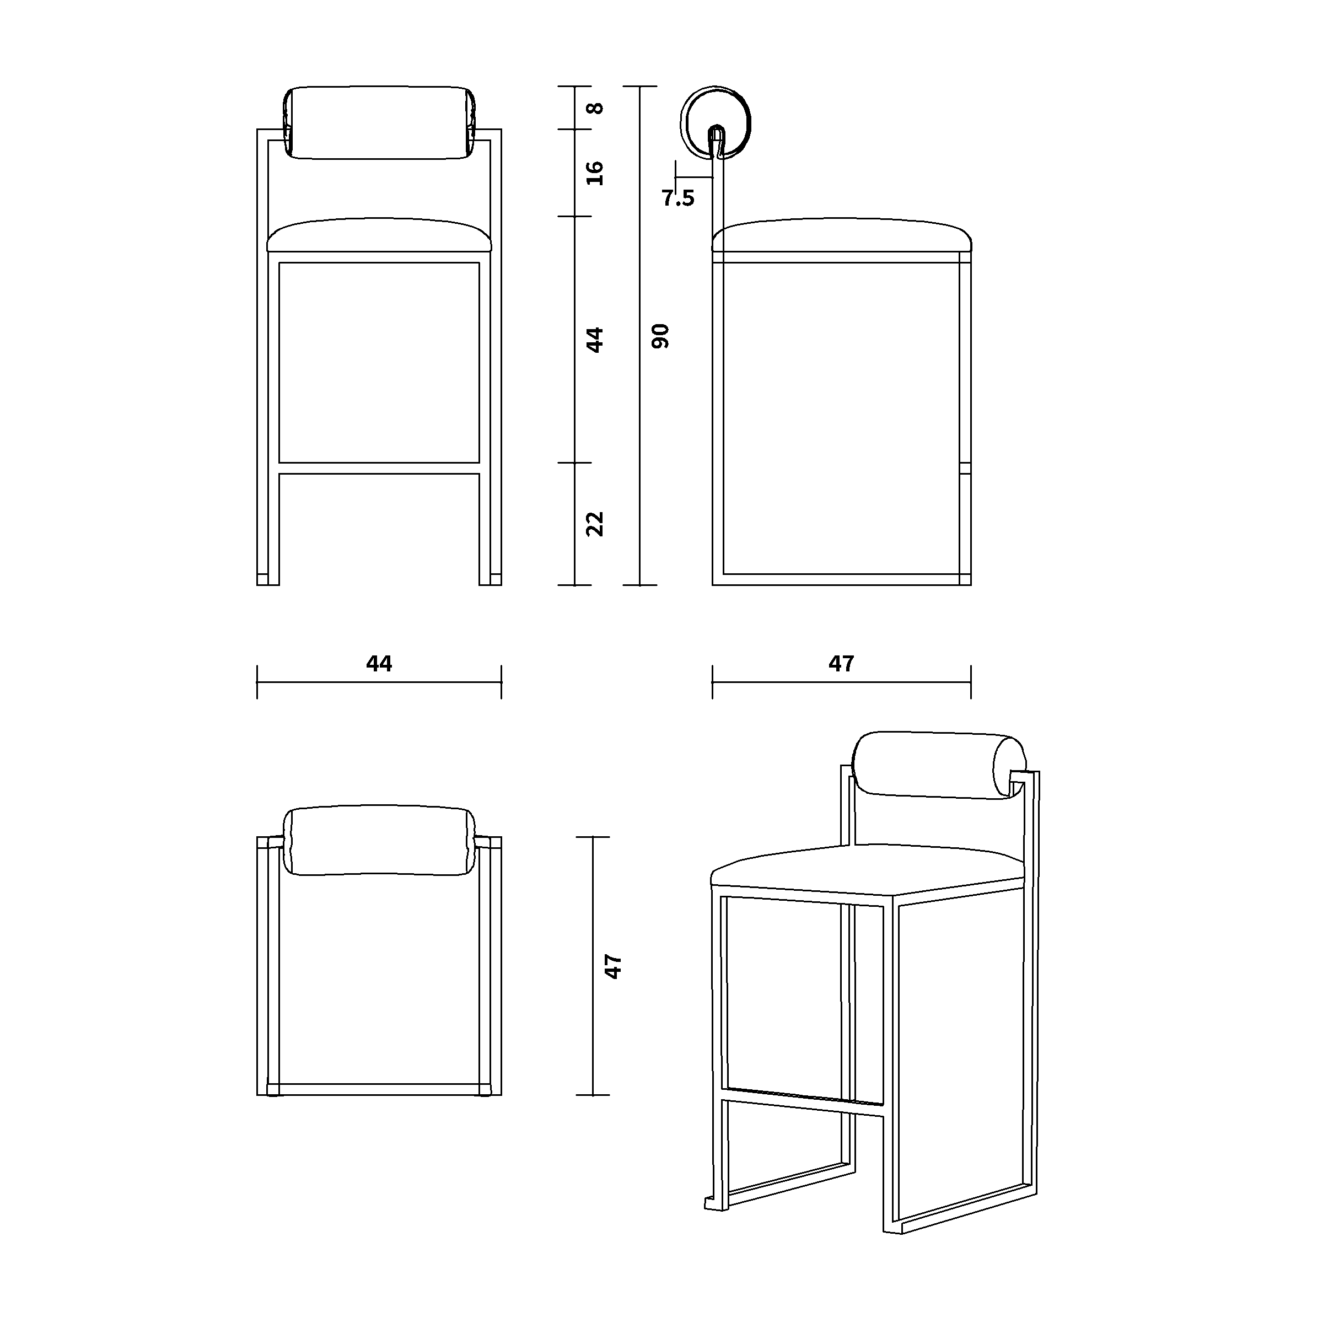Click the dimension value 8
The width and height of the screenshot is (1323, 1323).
pyautogui.click(x=596, y=108)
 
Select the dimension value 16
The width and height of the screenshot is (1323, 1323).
pyautogui.click(x=596, y=173)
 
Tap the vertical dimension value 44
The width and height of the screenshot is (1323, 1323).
pyautogui.click(x=596, y=340)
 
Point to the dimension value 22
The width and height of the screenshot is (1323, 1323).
pyautogui.click(x=596, y=524)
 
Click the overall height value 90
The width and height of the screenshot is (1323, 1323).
pyautogui.click(x=661, y=336)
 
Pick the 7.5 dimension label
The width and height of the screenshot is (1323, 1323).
pyautogui.click(x=678, y=198)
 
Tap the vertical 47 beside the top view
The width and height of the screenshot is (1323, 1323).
pyautogui.click(x=614, y=966)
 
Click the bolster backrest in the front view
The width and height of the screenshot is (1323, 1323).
pyautogui.click(x=379, y=123)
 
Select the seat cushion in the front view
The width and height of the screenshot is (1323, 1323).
pyautogui.click(x=379, y=235)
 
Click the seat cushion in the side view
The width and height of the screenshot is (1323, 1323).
pyautogui.click(x=842, y=235)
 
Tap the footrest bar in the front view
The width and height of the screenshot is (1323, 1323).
pyautogui.click(x=379, y=469)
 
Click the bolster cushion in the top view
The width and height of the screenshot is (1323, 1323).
pyautogui.click(x=379, y=840)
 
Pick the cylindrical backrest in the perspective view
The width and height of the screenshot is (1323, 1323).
pyautogui.click(x=939, y=765)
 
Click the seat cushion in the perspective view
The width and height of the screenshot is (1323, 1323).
pyautogui.click(x=868, y=870)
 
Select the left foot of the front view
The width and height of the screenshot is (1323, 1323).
pyautogui.click(x=268, y=579)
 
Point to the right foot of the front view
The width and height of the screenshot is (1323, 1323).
pyautogui.click(x=490, y=579)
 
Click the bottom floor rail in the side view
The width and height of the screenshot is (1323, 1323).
pyautogui.click(x=842, y=579)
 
